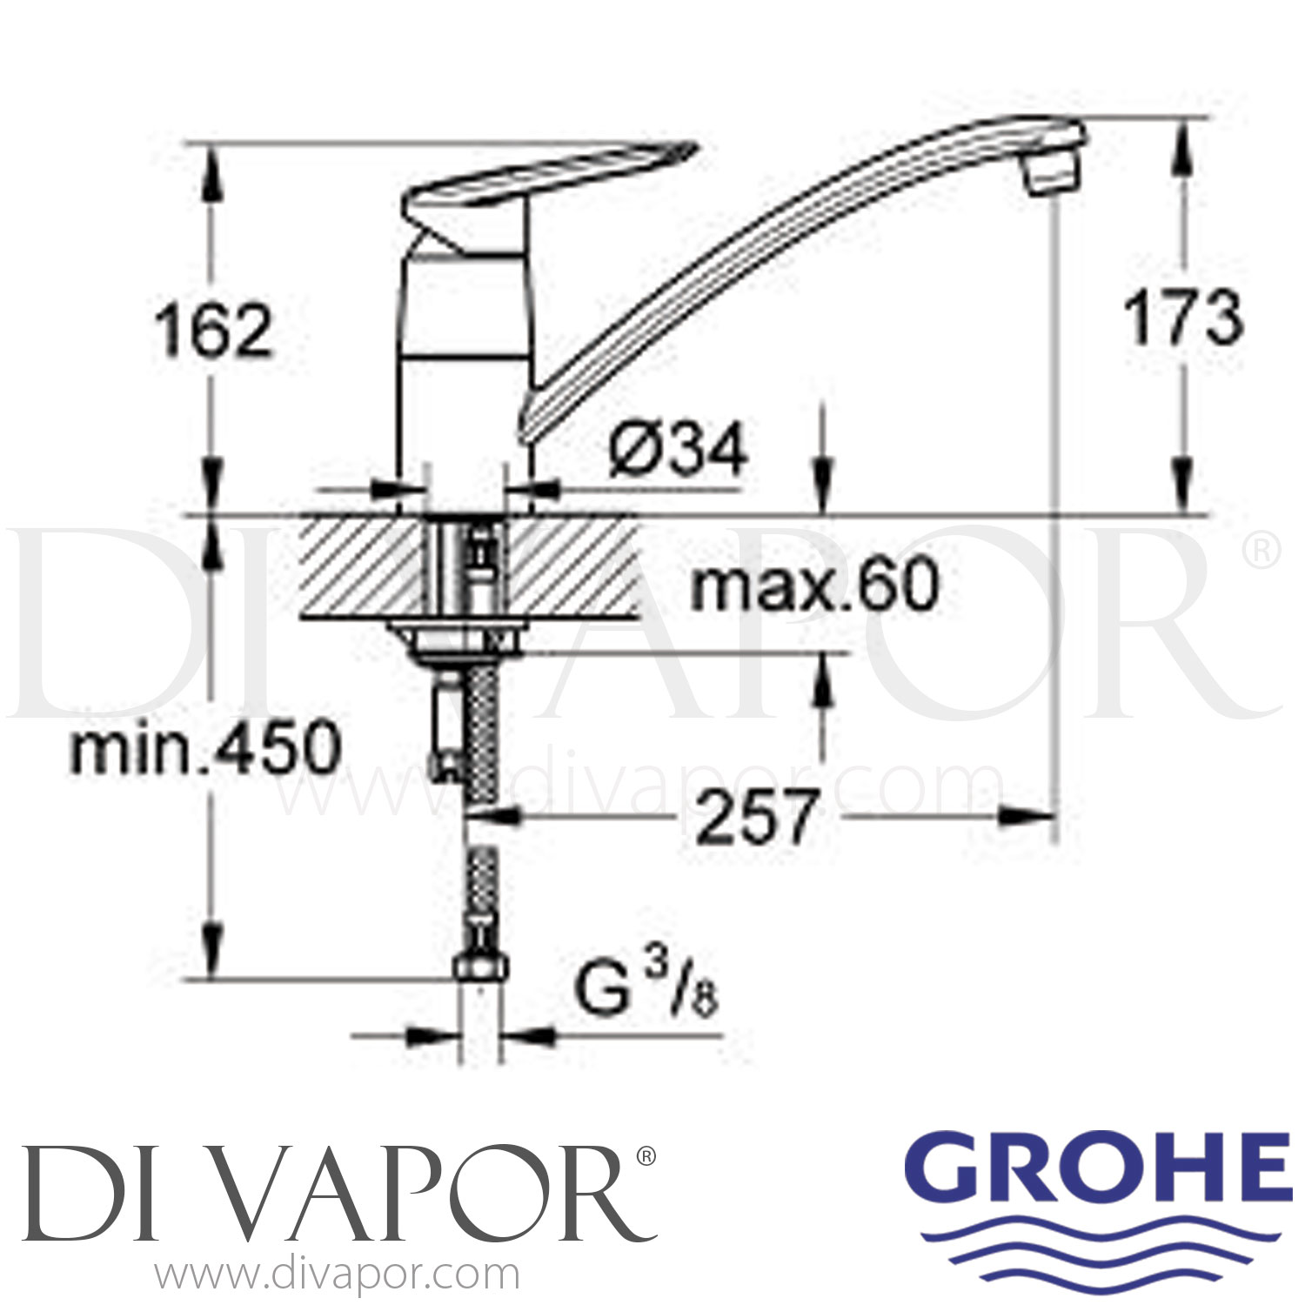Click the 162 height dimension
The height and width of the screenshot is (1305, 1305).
pos(214,332)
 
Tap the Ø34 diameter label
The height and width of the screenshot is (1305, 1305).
pos(678,451)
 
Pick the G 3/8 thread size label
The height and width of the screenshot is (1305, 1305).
pos(647,995)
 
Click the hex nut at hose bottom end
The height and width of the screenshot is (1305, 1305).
pos(481,966)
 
